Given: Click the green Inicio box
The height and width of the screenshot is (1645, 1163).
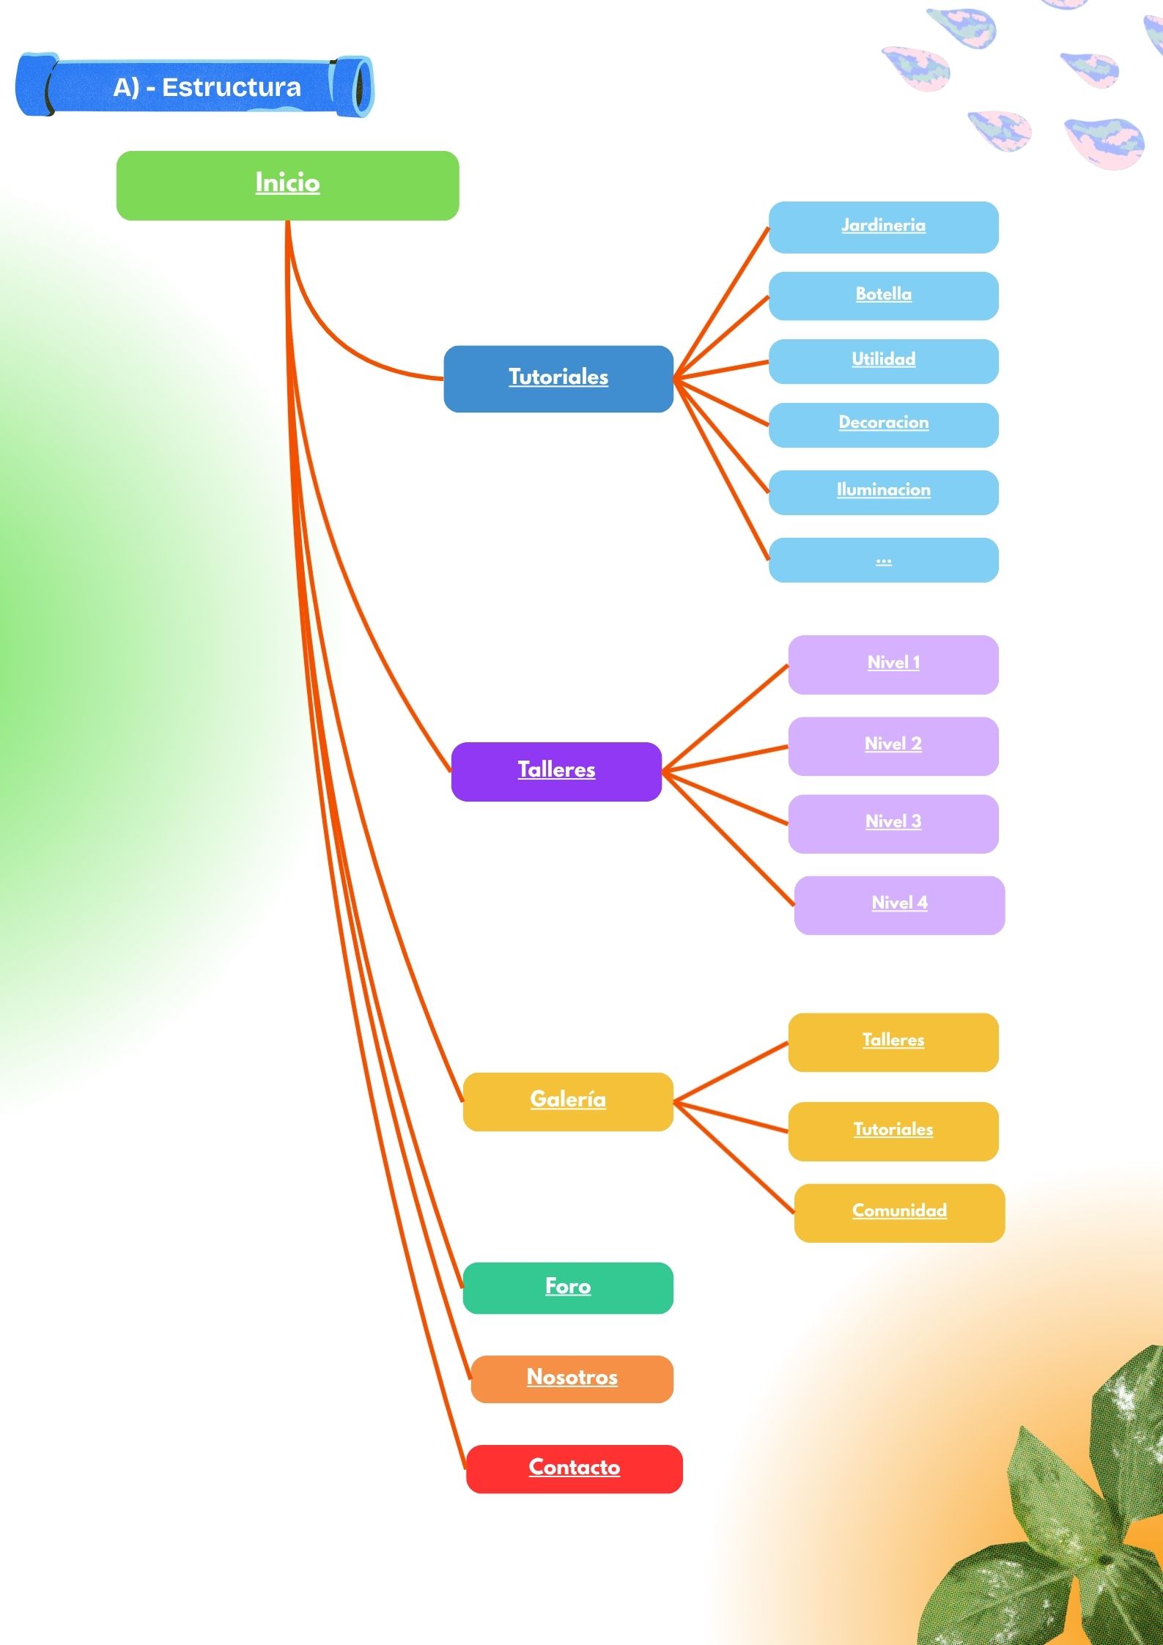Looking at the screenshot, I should (287, 185).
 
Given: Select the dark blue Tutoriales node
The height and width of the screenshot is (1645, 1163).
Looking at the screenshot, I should (558, 378).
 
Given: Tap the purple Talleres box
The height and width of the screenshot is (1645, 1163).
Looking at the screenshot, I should (556, 771).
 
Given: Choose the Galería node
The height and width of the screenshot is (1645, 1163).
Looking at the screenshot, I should (568, 1101).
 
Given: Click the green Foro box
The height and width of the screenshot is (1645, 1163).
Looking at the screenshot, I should (568, 1287).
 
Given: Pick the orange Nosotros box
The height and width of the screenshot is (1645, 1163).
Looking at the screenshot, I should (572, 1378).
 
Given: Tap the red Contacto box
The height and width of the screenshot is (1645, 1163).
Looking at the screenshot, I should (574, 1468).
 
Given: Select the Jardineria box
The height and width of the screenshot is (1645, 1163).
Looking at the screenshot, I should (883, 227).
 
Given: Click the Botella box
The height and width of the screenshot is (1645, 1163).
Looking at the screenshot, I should (883, 295).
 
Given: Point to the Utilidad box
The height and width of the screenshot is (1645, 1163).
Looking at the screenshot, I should (883, 361).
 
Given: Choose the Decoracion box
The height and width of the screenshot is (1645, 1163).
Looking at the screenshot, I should (883, 424).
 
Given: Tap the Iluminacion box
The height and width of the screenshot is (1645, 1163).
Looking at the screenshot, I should (883, 492).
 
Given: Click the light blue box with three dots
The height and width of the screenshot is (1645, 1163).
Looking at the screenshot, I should (883, 560).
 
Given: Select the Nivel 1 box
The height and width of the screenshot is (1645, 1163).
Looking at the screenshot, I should (893, 664).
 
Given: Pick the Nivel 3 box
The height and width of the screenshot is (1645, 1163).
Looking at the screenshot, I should (893, 823).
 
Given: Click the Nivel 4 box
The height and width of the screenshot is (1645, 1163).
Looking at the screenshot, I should (899, 904).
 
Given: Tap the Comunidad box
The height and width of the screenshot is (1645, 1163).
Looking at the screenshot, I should (899, 1212).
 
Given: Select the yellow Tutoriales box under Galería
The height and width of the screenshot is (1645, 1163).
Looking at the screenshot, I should (893, 1131).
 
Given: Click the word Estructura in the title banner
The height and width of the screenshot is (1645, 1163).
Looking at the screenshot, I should (231, 87).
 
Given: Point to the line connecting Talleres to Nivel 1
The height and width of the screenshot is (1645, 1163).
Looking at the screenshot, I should (726, 717).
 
